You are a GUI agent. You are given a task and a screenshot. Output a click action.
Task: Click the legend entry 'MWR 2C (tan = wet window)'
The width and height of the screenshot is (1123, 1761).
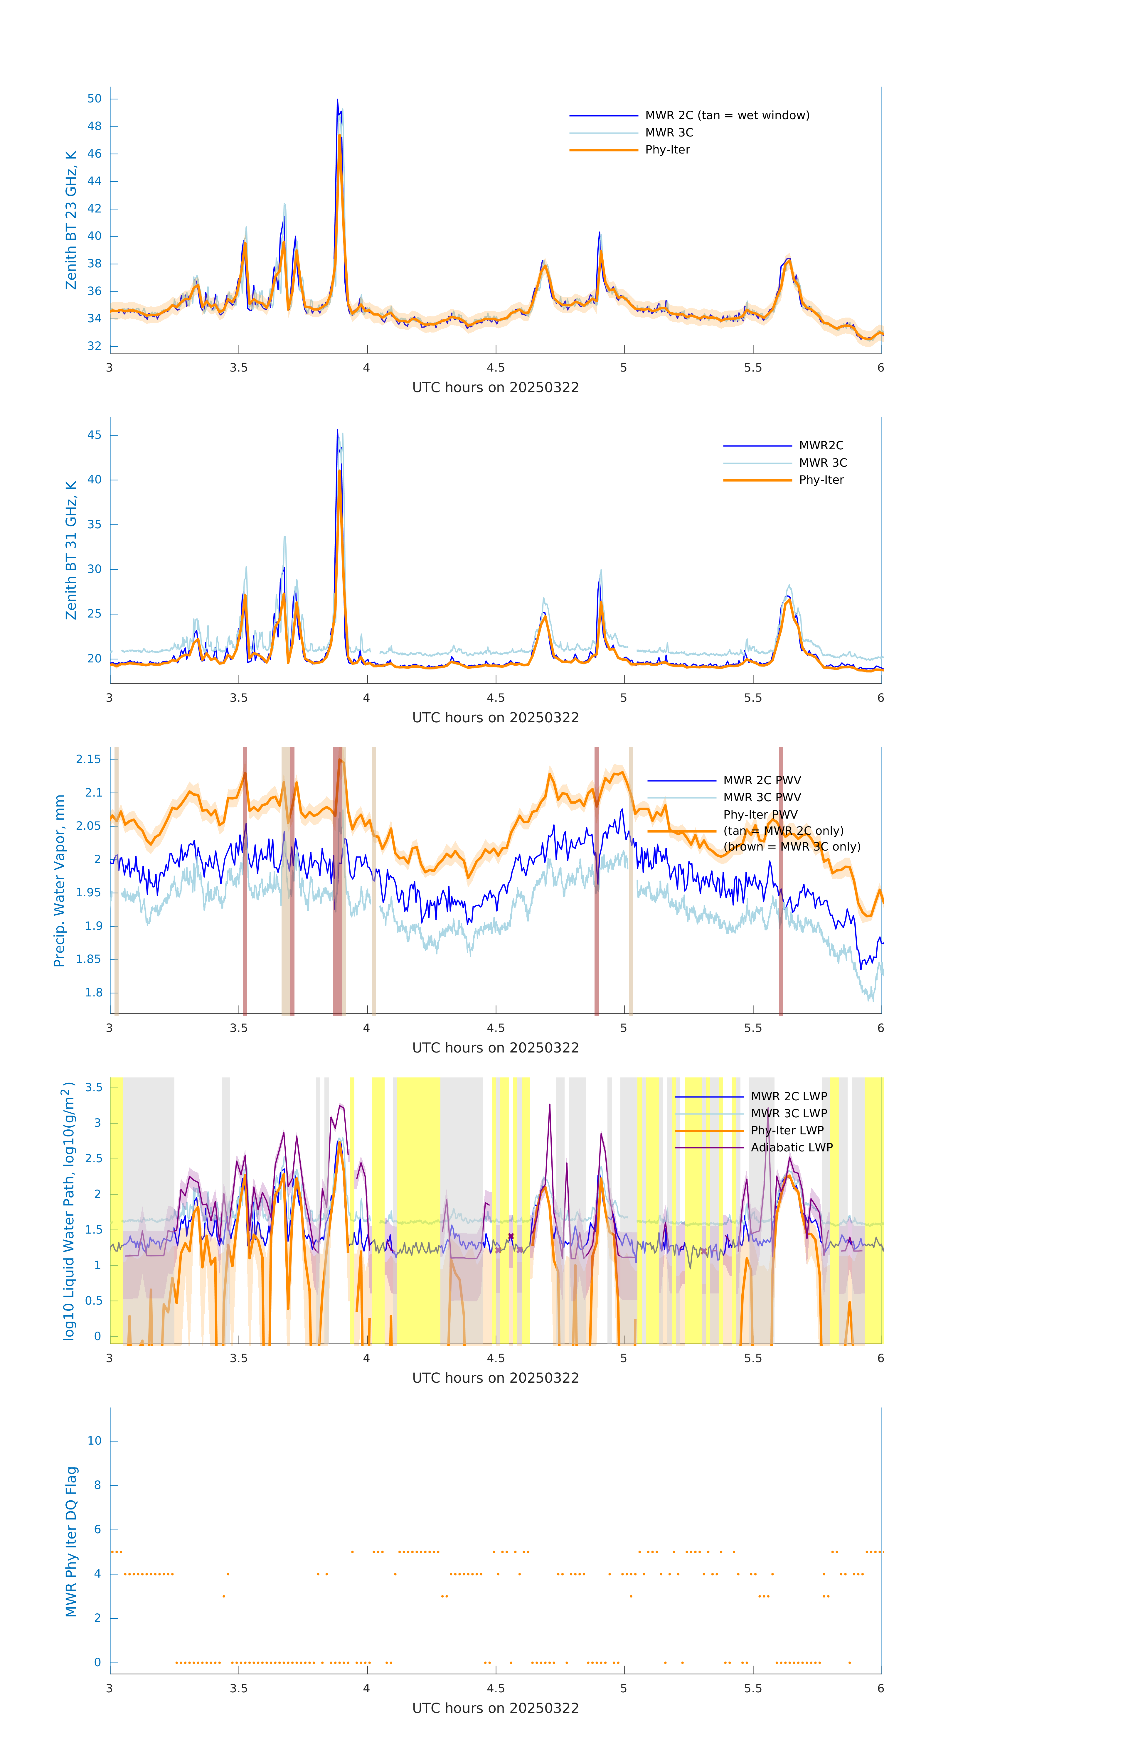point(726,116)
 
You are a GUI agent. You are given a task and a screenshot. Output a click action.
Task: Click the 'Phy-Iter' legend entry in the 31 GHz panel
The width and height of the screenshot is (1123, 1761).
point(821,480)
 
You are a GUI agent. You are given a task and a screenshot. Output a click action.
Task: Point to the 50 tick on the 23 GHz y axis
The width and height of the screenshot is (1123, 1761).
point(94,99)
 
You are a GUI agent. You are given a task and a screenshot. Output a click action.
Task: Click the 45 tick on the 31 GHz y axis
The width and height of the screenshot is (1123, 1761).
point(94,435)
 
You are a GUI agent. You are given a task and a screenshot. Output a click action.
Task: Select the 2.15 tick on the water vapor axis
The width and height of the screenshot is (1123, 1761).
point(89,759)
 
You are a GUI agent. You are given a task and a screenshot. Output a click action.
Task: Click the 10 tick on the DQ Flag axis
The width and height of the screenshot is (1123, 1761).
point(94,1441)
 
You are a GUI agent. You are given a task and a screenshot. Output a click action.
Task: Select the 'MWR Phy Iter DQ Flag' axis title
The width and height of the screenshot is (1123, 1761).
point(71,1541)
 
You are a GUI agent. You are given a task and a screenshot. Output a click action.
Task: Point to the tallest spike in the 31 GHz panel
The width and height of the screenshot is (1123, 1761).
point(337,430)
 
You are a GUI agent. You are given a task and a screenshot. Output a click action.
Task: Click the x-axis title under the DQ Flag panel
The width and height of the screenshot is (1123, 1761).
point(495,1708)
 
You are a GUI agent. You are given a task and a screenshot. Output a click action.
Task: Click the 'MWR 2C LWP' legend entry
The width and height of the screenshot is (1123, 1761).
point(789,1096)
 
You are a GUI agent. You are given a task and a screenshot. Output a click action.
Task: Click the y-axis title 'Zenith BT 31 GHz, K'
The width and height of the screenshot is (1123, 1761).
point(71,550)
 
